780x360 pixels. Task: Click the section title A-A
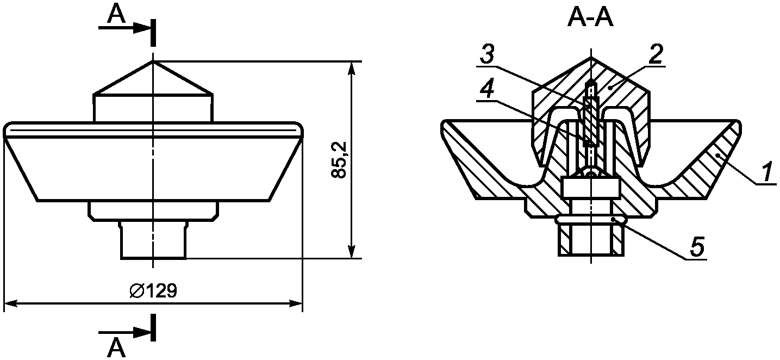point(590,18)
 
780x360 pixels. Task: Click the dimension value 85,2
point(339,160)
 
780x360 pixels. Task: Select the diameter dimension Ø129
point(153,290)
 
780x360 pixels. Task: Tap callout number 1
point(765,173)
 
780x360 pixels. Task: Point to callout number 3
point(487,54)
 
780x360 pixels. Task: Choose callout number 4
point(487,89)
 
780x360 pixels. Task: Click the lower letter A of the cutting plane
point(116,349)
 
